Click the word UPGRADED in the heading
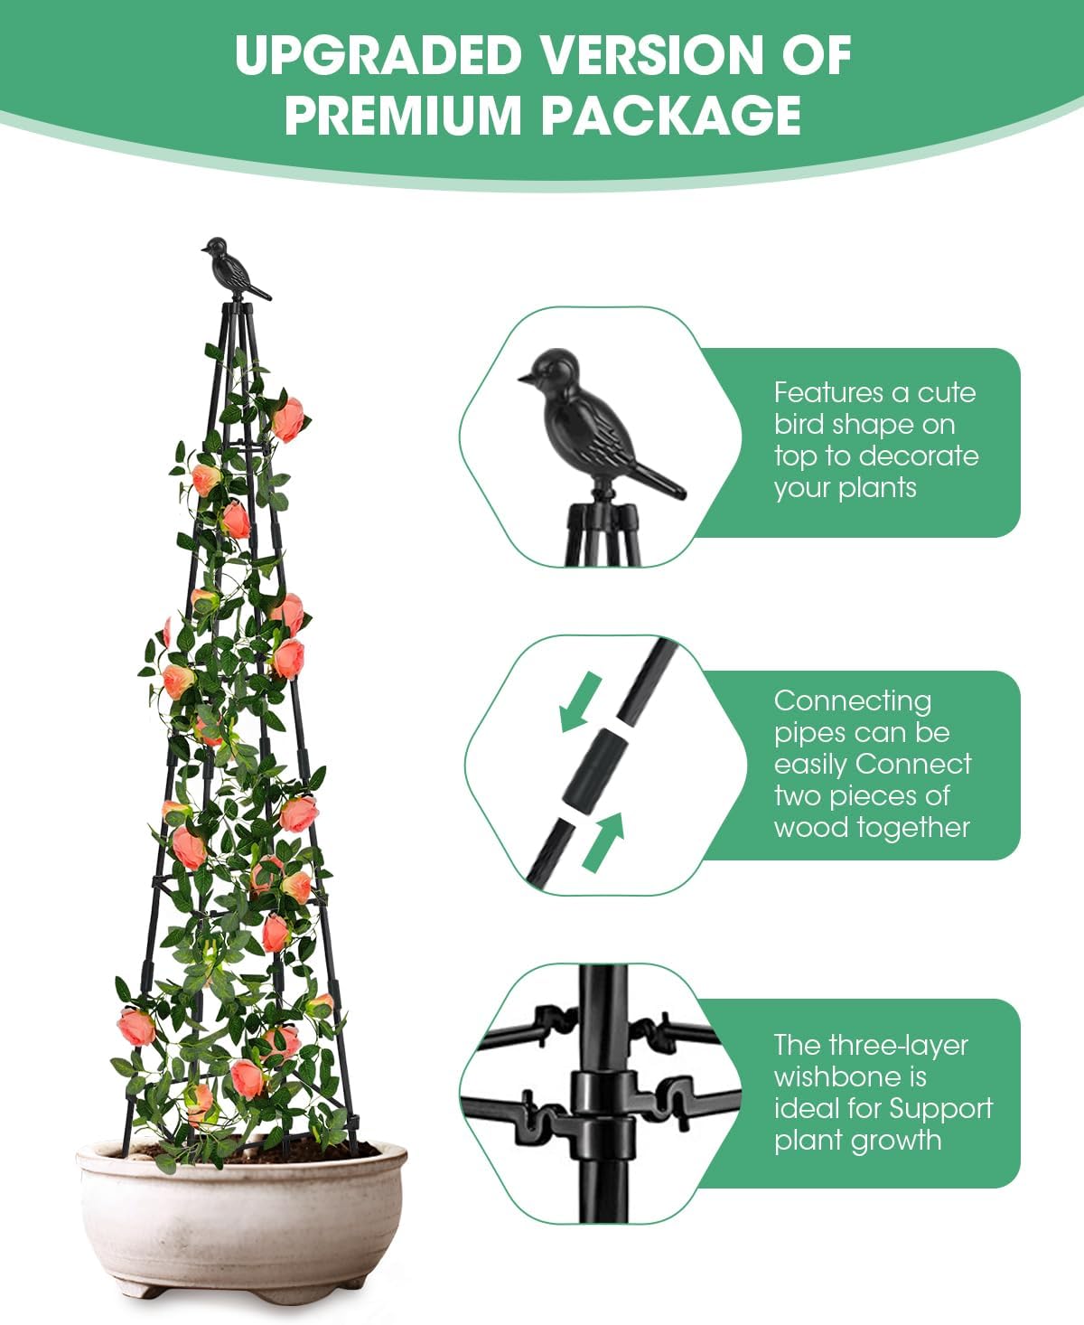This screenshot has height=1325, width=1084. point(378,56)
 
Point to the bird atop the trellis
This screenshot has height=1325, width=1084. point(232,268)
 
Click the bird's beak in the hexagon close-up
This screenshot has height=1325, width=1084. point(523,378)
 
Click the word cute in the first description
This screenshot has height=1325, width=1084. point(947,393)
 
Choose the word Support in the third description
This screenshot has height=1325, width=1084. point(941,1109)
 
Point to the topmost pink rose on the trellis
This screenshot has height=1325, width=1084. point(288,418)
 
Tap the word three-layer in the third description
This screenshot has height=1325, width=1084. point(908,1046)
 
